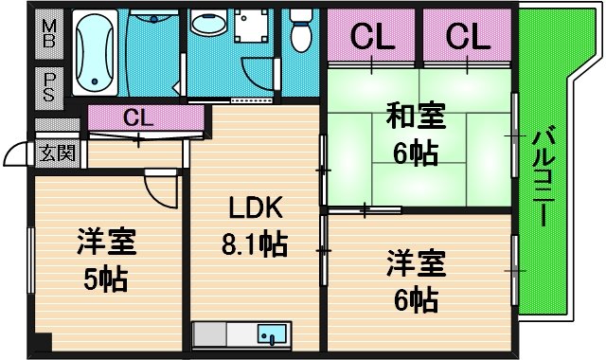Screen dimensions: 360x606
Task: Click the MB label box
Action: (x=48, y=35)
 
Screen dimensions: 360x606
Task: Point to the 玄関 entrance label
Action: (x=56, y=153)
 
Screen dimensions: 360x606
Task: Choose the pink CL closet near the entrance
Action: (x=138, y=118)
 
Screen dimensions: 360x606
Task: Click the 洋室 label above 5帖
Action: (x=103, y=242)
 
